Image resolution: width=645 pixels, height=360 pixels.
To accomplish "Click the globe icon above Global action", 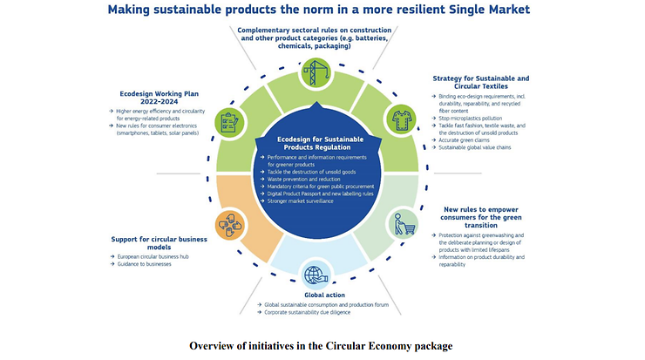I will pos(315,275).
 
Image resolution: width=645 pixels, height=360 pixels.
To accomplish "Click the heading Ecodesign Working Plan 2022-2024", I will pos(154,95).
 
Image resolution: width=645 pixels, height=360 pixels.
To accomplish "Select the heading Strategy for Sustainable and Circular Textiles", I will pos(480,84).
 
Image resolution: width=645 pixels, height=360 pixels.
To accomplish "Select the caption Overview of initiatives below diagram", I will pos(321,346).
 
